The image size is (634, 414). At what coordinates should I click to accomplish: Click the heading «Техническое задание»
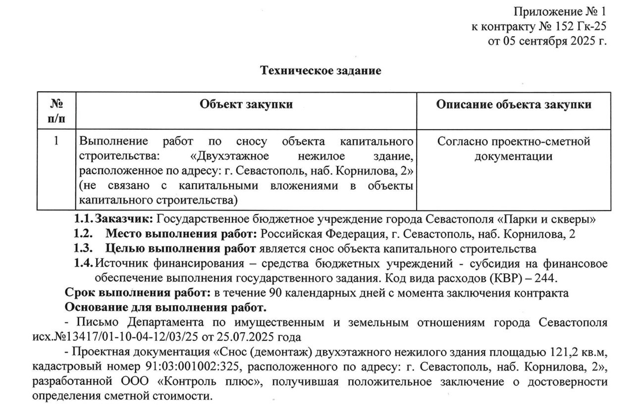[x=321, y=71]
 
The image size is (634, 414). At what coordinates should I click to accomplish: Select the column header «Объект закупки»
[x=246, y=104]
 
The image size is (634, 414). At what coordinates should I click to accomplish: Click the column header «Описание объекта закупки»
[x=514, y=104]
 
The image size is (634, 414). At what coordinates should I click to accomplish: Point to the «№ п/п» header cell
[x=57, y=111]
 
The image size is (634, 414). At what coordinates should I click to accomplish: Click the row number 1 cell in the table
[x=57, y=142]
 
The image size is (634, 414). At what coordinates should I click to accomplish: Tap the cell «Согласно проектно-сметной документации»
[x=514, y=149]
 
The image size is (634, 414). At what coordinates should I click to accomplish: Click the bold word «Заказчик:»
[x=126, y=218]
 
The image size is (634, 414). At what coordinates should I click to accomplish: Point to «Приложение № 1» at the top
[x=560, y=11]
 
